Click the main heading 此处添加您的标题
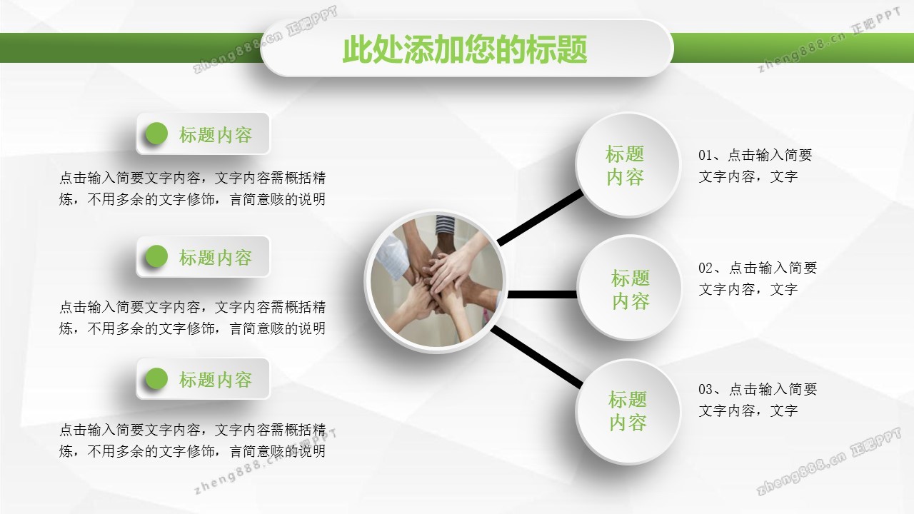click(x=465, y=49)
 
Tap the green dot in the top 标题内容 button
click(x=156, y=133)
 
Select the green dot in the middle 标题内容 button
click(x=156, y=256)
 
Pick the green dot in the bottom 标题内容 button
click(x=156, y=378)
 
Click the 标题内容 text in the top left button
click(x=216, y=135)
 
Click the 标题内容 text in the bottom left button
click(x=216, y=380)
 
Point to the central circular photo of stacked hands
click(x=436, y=281)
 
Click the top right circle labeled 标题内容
click(x=628, y=165)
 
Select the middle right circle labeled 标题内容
click(x=629, y=288)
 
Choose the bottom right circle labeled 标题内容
click(x=628, y=411)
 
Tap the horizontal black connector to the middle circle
click(x=542, y=294)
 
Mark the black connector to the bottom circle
click(x=537, y=356)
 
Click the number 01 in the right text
click(x=705, y=155)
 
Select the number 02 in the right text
click(x=705, y=268)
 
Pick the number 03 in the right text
click(x=705, y=389)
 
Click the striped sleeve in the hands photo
click(x=445, y=225)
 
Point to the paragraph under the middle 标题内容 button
click(x=192, y=318)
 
